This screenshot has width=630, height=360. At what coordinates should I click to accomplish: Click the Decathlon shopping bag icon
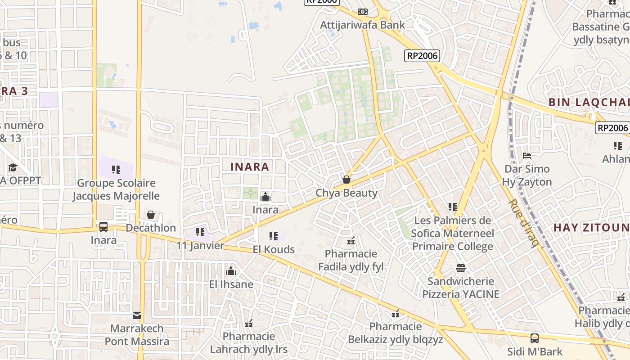pyautogui.click(x=151, y=215)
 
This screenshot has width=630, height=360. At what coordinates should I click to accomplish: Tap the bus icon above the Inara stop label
pyautogui.click(x=103, y=227)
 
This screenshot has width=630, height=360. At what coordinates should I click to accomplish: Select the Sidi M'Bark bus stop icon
pyautogui.click(x=535, y=338)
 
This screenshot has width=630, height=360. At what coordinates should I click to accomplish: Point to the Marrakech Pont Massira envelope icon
pyautogui.click(x=137, y=315)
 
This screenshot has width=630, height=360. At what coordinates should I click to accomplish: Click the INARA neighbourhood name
pyautogui.click(x=250, y=167)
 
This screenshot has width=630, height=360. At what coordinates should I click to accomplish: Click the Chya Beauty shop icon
pyautogui.click(x=346, y=180)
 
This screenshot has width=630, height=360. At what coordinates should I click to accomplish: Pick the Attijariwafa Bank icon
pyautogui.click(x=362, y=12)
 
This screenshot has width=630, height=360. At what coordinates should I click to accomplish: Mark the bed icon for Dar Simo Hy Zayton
pyautogui.click(x=527, y=156)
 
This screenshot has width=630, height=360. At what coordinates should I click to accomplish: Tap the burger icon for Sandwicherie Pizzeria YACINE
pyautogui.click(x=460, y=268)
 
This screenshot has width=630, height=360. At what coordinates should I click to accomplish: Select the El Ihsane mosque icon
pyautogui.click(x=231, y=271)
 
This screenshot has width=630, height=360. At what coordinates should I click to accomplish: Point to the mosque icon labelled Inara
pyautogui.click(x=265, y=197)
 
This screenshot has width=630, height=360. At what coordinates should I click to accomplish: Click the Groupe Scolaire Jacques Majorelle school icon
pyautogui.click(x=116, y=170)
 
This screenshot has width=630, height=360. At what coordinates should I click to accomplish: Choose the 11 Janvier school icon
pyautogui.click(x=200, y=232)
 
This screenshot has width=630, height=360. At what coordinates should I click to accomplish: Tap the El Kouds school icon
pyautogui.click(x=273, y=236)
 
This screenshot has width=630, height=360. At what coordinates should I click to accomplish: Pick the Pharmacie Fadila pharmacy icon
pyautogui.click(x=351, y=241)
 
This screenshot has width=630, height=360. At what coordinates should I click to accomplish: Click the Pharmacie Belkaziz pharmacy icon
pyautogui.click(x=396, y=313)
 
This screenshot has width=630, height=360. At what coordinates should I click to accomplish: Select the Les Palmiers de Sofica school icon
pyautogui.click(x=453, y=207)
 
